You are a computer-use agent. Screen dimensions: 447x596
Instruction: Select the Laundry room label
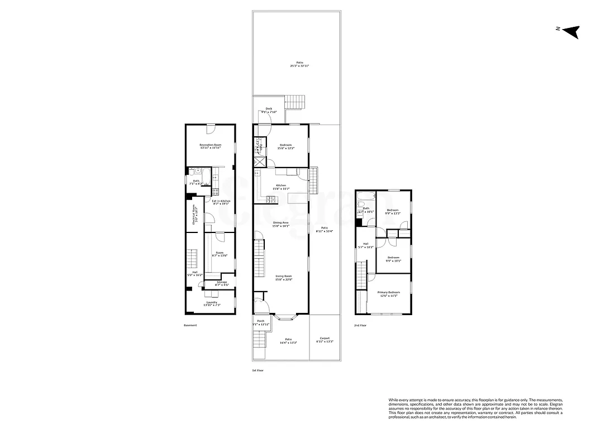(x=211, y=302)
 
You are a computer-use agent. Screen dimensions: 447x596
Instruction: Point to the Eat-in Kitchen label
(x=221, y=201)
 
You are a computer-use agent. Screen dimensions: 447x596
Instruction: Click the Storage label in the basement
(x=222, y=283)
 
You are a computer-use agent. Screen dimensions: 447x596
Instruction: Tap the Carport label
(x=325, y=338)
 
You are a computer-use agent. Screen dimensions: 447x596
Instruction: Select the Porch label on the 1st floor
(x=260, y=321)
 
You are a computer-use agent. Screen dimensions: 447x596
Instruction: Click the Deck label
(x=269, y=109)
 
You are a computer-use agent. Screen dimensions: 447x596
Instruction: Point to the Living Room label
(x=284, y=276)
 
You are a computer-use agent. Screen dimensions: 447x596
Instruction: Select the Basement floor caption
(x=191, y=325)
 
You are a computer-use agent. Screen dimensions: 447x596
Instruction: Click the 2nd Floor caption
(x=360, y=325)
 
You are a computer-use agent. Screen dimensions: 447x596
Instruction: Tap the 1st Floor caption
(x=257, y=370)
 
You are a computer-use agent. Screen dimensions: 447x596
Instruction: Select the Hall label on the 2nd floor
(x=366, y=244)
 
